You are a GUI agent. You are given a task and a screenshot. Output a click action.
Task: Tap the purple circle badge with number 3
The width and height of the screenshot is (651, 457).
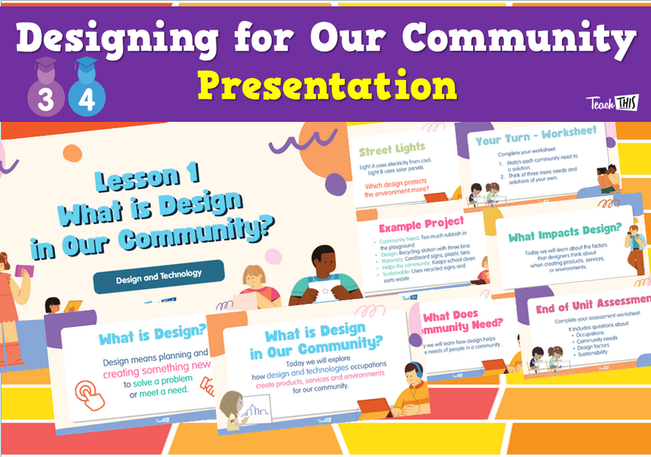45,99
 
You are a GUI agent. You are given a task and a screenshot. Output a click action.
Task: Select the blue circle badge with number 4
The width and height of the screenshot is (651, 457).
86,99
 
